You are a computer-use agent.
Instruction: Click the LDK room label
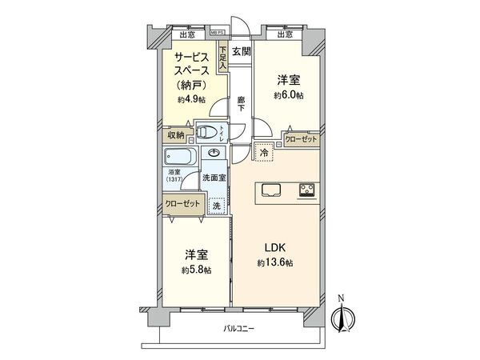(269, 247)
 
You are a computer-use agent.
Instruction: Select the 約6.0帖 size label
(289, 94)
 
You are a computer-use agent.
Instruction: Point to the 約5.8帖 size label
(195, 270)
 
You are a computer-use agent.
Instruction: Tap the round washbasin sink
(215, 153)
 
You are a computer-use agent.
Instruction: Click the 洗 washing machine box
(214, 205)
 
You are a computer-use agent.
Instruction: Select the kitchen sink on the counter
(269, 190)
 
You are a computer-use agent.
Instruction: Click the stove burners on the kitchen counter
(307, 190)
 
